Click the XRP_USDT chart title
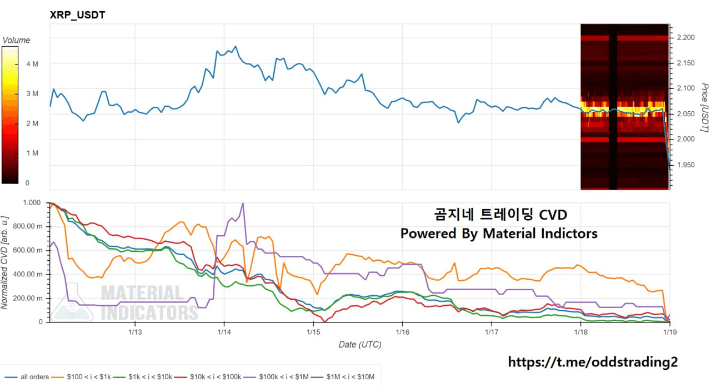[x=78, y=15]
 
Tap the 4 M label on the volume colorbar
[x=32, y=64]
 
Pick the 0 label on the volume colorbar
[x=27, y=182]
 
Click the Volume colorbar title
[x=17, y=40]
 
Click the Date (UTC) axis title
[x=360, y=345]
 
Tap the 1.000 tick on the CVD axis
[x=32, y=203]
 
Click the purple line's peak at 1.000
[x=243, y=204]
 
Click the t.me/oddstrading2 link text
[x=593, y=363]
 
